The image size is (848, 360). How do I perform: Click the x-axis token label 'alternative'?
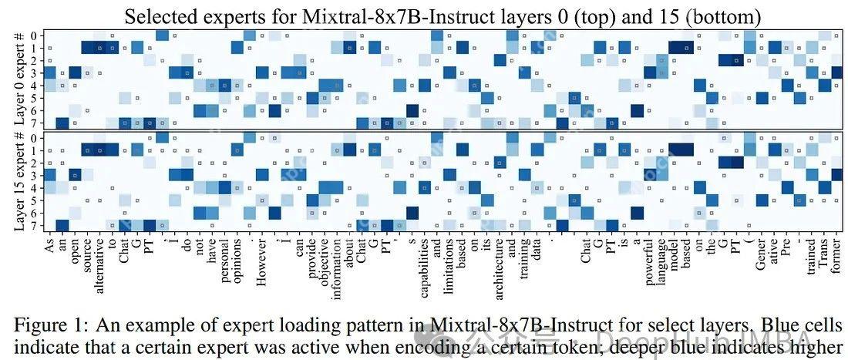pyautogui.click(x=100, y=261)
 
